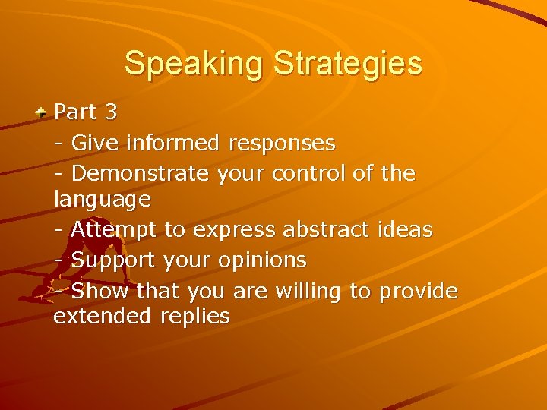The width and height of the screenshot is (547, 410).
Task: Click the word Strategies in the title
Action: click(x=348, y=63)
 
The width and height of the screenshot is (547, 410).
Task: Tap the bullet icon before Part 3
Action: click(x=43, y=112)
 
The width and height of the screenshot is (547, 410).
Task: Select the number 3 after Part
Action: click(x=111, y=112)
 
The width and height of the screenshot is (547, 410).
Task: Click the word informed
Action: click(x=173, y=142)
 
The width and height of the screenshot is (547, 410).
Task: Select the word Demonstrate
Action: click(x=140, y=173)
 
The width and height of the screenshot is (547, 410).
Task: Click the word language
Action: click(x=102, y=200)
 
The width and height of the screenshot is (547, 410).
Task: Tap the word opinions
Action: click(x=263, y=261)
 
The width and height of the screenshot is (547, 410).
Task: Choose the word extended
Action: click(x=103, y=317)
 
